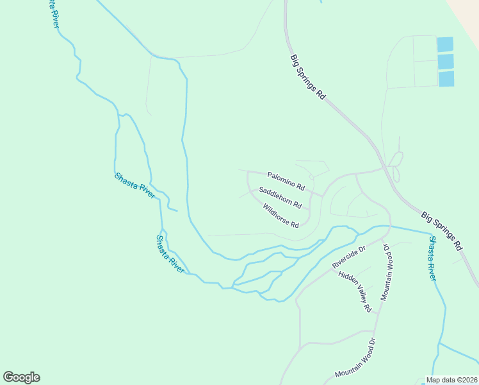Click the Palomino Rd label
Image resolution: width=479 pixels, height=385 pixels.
[x=286, y=180]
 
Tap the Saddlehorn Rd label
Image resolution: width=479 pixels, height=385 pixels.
[x=280, y=198]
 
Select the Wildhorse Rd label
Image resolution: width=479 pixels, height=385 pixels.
[x=280, y=216]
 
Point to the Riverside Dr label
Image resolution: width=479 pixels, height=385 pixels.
[x=348, y=257]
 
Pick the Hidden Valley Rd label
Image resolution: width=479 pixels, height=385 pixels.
[x=355, y=291]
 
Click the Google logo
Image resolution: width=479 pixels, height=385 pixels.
[x=21, y=377]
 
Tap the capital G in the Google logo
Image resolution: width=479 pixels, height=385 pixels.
[x=8, y=377]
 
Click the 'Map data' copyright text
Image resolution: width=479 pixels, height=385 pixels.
[x=441, y=380]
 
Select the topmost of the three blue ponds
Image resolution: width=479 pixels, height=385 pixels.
[x=445, y=44]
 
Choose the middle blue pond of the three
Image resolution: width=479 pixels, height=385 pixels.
[x=446, y=62]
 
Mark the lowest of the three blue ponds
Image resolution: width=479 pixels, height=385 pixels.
[x=446, y=79]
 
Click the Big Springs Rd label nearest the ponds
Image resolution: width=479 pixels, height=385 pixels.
[x=308, y=76]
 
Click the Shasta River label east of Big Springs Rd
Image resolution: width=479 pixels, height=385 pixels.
[x=432, y=259]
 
